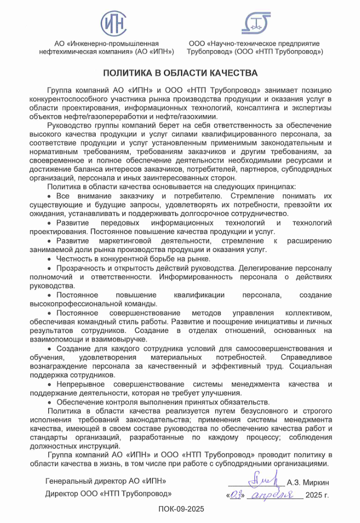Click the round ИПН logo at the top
pyautogui.click(x=113, y=23)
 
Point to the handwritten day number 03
pyautogui.click(x=235, y=495)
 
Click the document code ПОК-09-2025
pyautogui.click(x=181, y=509)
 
